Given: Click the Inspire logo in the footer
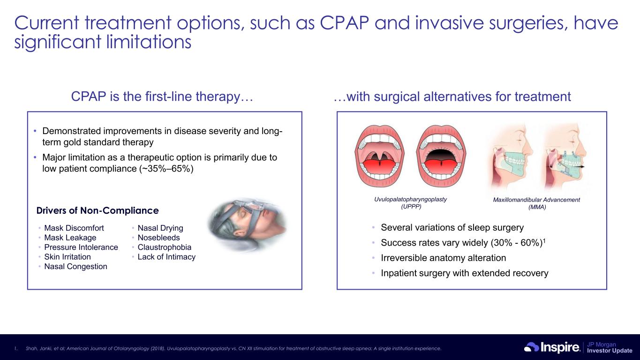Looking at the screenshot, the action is pos(552,347).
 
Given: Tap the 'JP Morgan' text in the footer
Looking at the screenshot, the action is pos(602,344).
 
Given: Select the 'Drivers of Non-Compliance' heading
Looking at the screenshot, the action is pos(98,210).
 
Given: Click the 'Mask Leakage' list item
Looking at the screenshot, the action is pos(70,238).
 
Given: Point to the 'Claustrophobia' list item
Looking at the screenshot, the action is pos(164,247).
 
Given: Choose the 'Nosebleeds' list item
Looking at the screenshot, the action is pos(158,238).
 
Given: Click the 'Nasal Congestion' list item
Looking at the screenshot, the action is pos(75,266).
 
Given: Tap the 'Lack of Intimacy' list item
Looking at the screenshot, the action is pos(166,256).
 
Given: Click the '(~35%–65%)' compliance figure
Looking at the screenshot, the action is pos(166,169).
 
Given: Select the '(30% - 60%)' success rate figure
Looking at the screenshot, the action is pos(517,242).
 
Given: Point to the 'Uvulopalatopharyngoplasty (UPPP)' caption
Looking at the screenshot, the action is pos(411,203).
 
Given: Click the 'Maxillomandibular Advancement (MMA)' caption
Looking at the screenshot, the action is pos(536,203).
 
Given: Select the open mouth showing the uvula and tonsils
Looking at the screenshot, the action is pos(379,156).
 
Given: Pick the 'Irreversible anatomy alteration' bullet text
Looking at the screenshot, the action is pos(443,258).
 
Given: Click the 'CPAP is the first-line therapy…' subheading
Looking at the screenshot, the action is pos(162,96).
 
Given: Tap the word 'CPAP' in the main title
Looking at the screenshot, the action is pos(344,23).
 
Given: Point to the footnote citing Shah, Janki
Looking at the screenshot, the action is pos(233,348).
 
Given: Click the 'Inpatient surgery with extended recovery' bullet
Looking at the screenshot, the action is pos(465,273).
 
